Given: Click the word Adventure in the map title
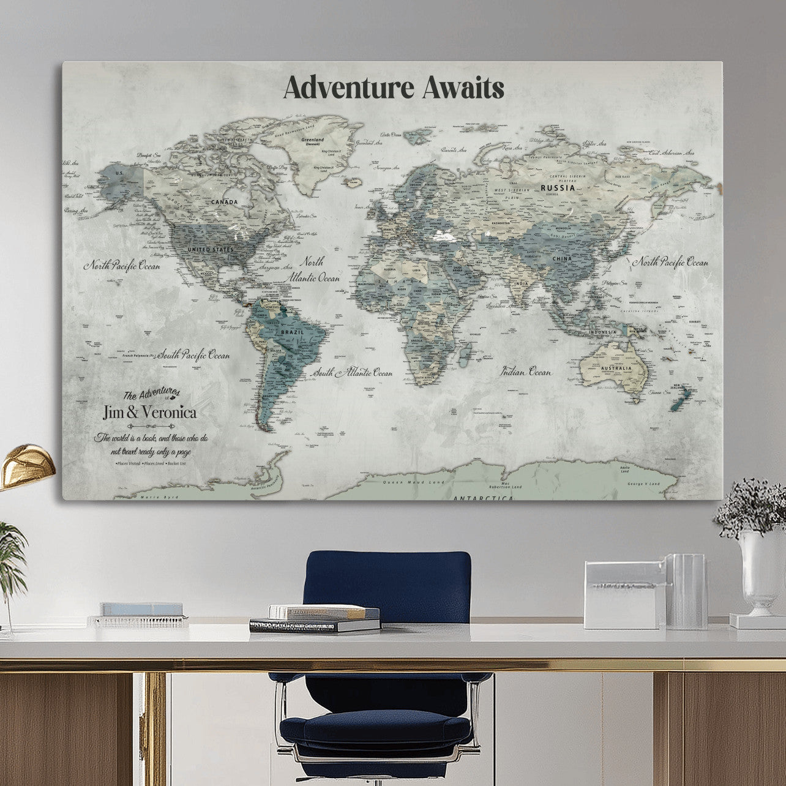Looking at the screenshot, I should tap(350, 88).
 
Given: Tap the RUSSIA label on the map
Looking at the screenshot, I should tap(557, 188).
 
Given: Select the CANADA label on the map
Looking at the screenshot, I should tap(225, 201).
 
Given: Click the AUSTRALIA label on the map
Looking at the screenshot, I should tap(616, 369).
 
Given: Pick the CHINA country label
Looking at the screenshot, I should tap(562, 259).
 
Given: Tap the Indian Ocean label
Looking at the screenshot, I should tap(526, 372).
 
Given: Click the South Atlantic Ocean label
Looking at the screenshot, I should tap(353, 372).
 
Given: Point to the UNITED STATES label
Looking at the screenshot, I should tap(210, 250).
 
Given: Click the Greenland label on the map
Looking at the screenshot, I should tap(312, 140).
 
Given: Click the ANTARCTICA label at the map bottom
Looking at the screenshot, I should tap(483, 498).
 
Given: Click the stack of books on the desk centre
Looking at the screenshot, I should tap(315, 618).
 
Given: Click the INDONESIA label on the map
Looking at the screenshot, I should tap(603, 332).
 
